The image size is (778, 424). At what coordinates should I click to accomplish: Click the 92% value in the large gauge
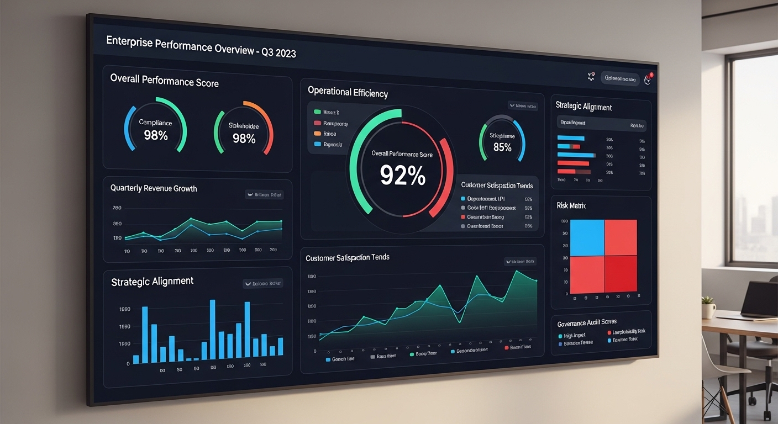tap(402, 175)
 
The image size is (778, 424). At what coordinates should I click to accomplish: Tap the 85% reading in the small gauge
tap(502, 147)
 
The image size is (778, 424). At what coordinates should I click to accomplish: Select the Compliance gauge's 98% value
tap(155, 135)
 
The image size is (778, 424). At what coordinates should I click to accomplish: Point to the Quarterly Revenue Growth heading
tap(154, 188)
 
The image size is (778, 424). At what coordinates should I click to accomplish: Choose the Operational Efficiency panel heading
tap(348, 93)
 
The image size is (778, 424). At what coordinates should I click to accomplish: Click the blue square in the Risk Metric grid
tap(587, 238)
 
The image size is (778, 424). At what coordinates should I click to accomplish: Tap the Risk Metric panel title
tap(571, 205)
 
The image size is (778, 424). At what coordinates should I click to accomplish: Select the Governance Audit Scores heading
tap(587, 322)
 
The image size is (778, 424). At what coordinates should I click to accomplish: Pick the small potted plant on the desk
tap(708, 307)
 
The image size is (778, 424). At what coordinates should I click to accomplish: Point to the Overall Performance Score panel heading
tap(164, 81)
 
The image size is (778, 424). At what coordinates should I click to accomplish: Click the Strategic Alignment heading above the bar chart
tap(152, 282)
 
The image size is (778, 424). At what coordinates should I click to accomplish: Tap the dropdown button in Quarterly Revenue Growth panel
tap(264, 194)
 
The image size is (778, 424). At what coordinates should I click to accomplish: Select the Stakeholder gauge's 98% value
tap(244, 139)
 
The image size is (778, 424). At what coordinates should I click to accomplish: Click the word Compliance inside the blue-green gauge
tap(155, 123)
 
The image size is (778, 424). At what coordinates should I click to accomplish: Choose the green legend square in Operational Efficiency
tap(317, 112)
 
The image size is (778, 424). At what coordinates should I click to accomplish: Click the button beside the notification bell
tap(619, 79)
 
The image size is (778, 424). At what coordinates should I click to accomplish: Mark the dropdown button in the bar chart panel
tap(263, 284)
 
